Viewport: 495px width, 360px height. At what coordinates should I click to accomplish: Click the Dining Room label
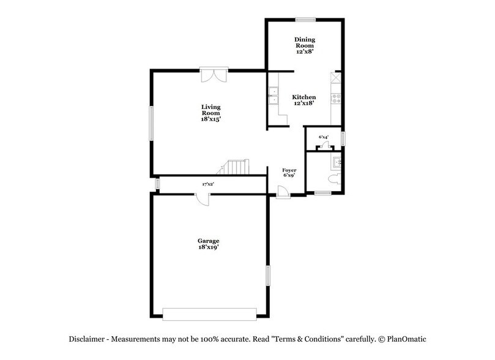pos(303,41)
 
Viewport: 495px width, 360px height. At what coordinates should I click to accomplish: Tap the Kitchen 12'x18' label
pos(303,100)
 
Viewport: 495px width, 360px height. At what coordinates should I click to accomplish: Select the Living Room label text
pos(210,113)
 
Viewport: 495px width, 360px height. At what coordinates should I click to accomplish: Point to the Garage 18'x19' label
pos(208,244)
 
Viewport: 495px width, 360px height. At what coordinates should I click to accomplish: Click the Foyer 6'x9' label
pos(289,172)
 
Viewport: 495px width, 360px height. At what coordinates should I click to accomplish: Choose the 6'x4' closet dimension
pos(324,137)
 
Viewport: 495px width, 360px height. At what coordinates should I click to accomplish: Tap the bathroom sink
pos(337,162)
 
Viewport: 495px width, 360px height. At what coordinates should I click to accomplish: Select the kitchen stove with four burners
pos(335,96)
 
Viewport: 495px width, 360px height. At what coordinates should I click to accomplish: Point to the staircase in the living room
pos(236,167)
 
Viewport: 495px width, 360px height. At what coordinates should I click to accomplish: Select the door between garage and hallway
pos(203,199)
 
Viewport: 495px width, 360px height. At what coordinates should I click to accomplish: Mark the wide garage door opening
pos(210,313)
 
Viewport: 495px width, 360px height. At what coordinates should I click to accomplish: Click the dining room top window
pos(307,19)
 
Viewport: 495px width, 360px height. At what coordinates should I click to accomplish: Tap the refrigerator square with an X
pos(335,78)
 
